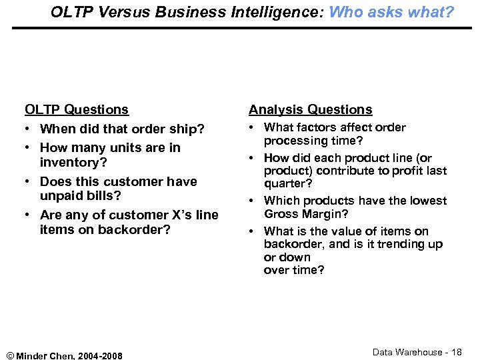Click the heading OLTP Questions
(x=77, y=109)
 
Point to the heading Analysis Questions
(x=310, y=109)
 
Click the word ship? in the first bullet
(x=188, y=129)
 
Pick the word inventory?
(x=73, y=162)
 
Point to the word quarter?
(x=288, y=183)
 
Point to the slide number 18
(x=456, y=352)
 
